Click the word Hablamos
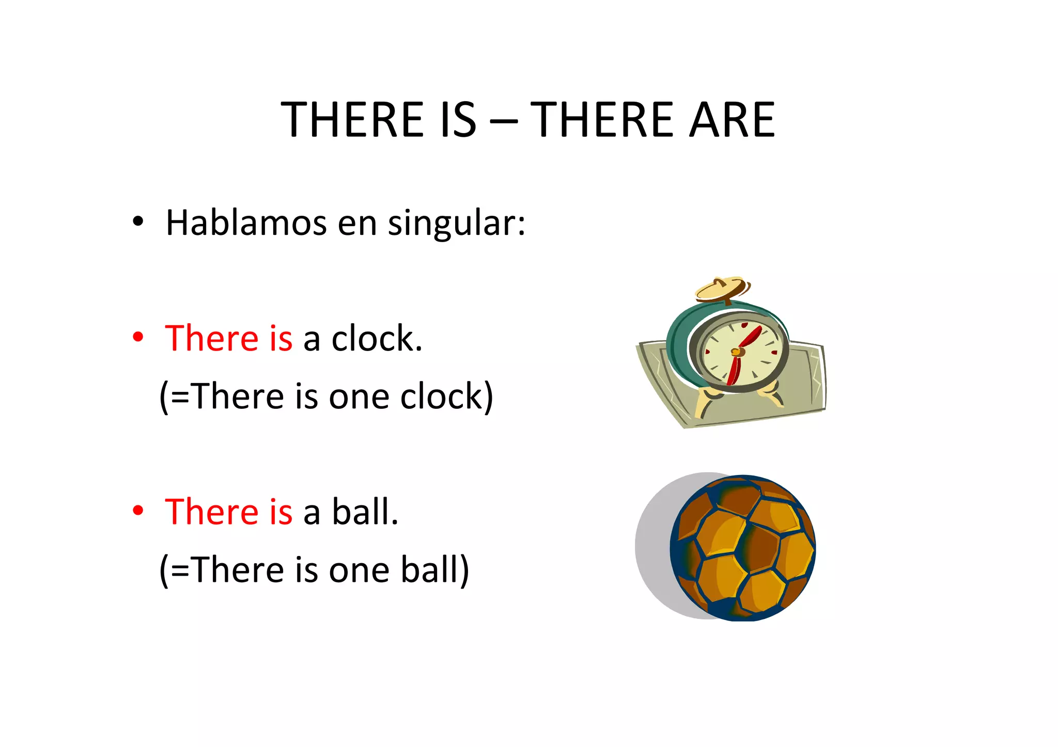click(246, 223)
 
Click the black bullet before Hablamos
click(137, 222)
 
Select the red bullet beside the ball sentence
click(137, 511)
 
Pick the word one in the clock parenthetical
click(359, 396)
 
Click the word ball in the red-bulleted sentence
click(364, 512)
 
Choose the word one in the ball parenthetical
click(359, 570)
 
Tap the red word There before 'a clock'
click(212, 339)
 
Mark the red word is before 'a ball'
click(281, 512)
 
